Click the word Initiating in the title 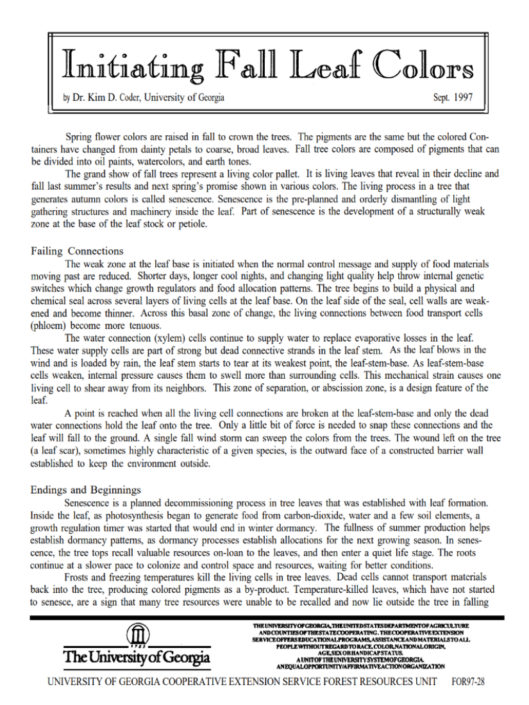pyautogui.click(x=131, y=65)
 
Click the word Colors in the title pyautogui.click(x=424, y=65)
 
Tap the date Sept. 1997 pyautogui.click(x=454, y=98)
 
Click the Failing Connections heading pyautogui.click(x=77, y=251)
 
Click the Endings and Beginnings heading pyautogui.click(x=86, y=490)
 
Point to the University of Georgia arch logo pyautogui.click(x=137, y=636)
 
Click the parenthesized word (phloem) pyautogui.click(x=49, y=325)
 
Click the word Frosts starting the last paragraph pyautogui.click(x=80, y=577)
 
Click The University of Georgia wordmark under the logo pyautogui.click(x=136, y=658)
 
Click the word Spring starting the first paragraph pyautogui.click(x=80, y=137)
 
